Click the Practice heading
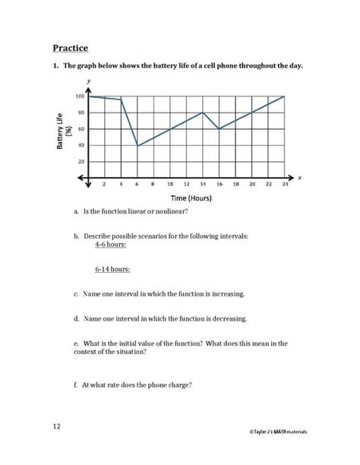(x=71, y=47)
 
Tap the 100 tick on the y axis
(x=80, y=96)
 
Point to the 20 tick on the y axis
(x=81, y=162)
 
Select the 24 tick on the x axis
(x=284, y=185)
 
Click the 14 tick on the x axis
(x=203, y=185)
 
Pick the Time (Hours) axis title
(x=186, y=198)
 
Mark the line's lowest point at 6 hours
(x=137, y=145)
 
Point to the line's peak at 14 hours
(x=203, y=112)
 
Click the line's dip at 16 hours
(x=219, y=129)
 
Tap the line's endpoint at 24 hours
(x=284, y=96)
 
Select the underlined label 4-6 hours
(x=111, y=245)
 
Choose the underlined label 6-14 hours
(x=112, y=269)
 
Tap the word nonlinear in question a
(x=170, y=211)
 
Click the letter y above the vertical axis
(x=90, y=81)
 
